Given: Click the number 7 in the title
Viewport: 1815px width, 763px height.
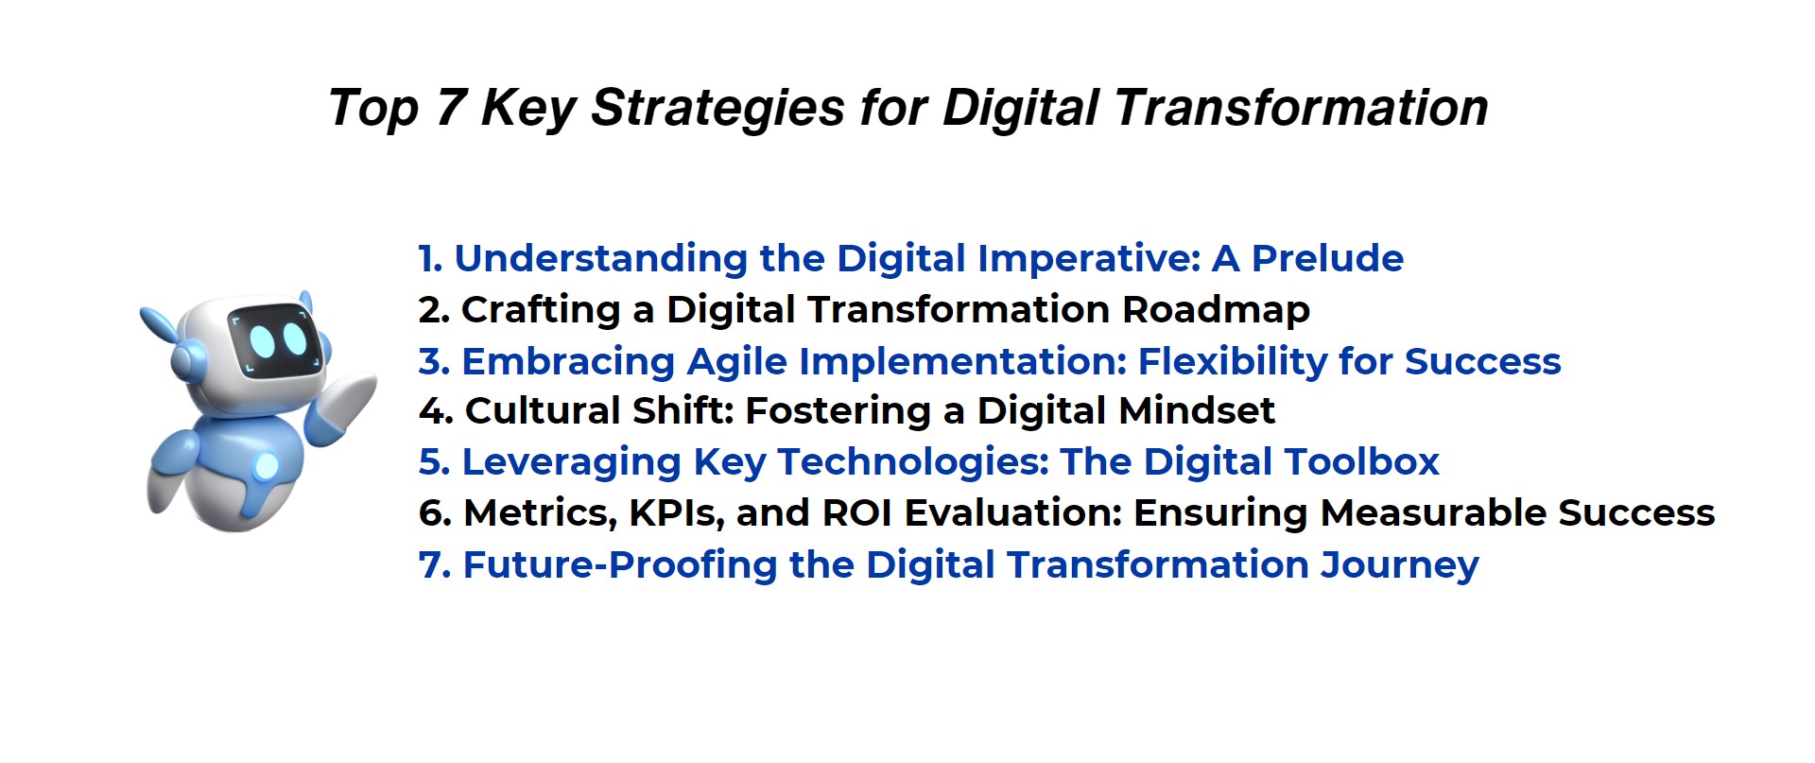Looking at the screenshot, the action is pos(451,107).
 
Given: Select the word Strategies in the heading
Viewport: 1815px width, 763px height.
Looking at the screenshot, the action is pos(717,109).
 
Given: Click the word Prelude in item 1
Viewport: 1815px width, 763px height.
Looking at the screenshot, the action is pos(1327,258).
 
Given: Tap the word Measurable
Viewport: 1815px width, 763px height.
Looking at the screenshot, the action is pos(1433,513).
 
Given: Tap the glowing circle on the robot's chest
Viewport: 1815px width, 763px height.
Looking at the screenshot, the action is pos(267,466).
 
